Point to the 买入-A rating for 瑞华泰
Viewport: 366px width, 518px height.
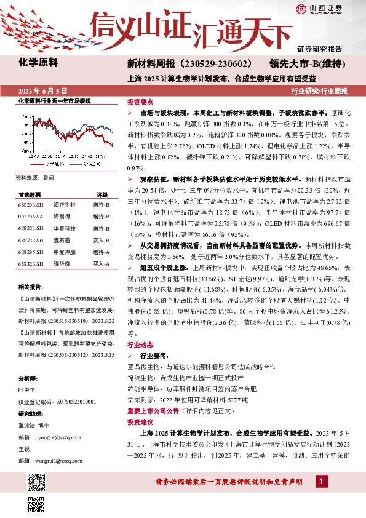[101, 263]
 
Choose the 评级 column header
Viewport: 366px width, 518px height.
[102, 194]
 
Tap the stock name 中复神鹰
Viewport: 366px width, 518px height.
[65, 252]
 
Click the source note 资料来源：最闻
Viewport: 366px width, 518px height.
[34, 177]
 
